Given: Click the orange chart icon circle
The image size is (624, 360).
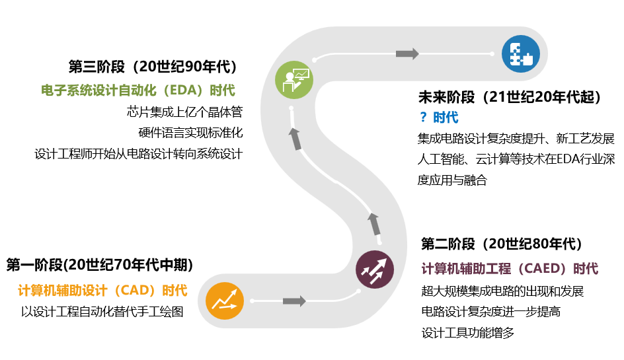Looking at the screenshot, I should pos(225,301).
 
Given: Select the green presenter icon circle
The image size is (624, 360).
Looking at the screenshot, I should pos(294,80).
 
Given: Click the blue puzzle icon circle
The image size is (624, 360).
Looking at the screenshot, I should pos(520,54).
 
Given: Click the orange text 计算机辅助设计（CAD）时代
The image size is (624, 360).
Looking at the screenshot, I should pos(102,291).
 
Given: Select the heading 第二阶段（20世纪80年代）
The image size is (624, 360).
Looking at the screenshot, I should pos(502,244).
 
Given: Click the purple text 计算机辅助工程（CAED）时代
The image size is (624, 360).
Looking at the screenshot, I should pos(510,269).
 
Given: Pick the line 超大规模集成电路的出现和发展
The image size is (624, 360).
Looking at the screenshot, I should pos(502,291).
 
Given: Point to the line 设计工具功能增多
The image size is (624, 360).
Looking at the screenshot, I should pos(467,333).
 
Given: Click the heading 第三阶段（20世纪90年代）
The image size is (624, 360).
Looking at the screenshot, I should pos(153,67).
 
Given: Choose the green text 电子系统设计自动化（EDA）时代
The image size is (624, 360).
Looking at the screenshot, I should pos(137,90).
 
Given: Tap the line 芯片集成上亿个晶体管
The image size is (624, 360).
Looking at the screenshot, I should pos(184,112).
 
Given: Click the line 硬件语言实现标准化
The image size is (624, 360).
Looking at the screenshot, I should pos(190,133).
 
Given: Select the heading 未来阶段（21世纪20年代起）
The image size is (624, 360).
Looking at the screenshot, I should pos(511,98).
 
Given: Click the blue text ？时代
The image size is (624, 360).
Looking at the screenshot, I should pos(439,118).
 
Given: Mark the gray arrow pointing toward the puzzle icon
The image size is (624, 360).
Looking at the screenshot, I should pos(407,54).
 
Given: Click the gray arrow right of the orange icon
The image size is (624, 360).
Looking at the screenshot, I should pos(294,301).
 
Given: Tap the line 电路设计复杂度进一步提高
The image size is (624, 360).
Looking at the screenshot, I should pos(490,312).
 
